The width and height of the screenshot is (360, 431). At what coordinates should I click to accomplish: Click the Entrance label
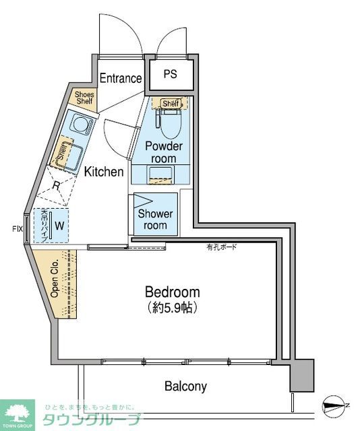click(x=121, y=78)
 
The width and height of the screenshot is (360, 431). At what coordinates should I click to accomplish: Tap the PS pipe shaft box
click(x=169, y=74)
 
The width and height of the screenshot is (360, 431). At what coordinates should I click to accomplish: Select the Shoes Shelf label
click(x=84, y=98)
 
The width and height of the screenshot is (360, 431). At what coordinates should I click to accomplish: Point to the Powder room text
click(x=164, y=152)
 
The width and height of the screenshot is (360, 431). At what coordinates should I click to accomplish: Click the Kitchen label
click(x=104, y=172)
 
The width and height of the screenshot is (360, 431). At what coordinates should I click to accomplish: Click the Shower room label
click(x=156, y=220)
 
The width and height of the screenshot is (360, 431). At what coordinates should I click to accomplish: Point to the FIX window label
click(x=17, y=229)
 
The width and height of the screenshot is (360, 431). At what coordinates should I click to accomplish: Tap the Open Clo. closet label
click(x=54, y=282)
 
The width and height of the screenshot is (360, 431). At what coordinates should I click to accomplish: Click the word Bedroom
click(x=173, y=292)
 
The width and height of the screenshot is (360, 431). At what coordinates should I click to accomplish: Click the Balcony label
click(x=185, y=387)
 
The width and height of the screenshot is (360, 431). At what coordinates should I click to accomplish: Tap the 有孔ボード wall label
click(x=222, y=248)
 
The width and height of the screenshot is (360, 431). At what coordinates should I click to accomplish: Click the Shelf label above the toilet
click(x=171, y=103)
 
